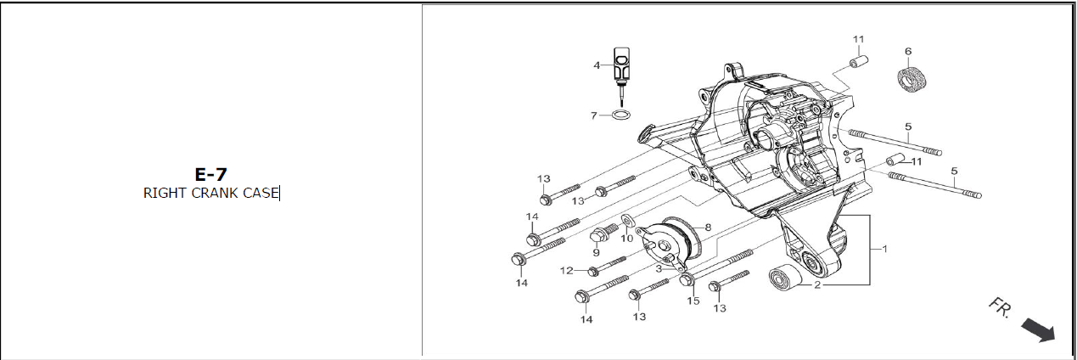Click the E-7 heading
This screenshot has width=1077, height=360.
(210, 174)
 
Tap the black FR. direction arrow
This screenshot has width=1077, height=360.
(1038, 329)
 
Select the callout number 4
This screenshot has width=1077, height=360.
(597, 65)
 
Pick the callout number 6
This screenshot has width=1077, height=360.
(908, 51)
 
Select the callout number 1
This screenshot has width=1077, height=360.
(884, 249)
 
